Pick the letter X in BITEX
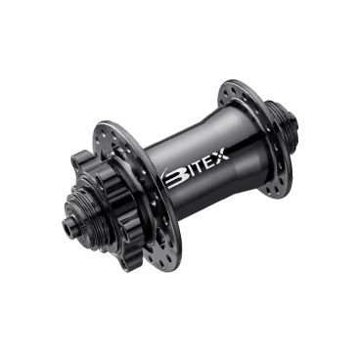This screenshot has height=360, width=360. [222, 154]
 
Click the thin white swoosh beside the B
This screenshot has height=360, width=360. [163, 176]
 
